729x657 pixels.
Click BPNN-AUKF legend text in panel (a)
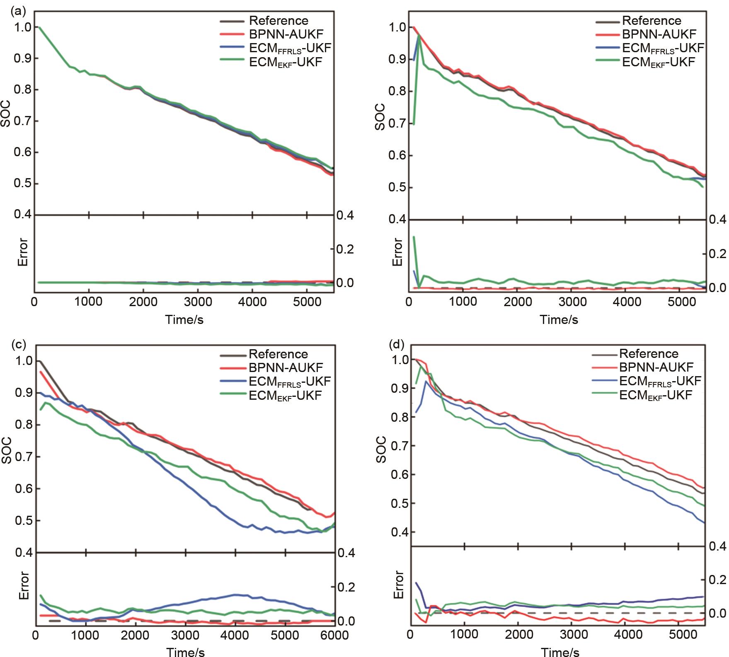pos(286,34)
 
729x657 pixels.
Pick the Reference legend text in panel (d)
pos(649,353)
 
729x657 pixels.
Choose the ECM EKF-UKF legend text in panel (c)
pos(285,395)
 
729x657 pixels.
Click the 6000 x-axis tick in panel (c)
pos(335,635)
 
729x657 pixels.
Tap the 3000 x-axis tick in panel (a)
pos(197,301)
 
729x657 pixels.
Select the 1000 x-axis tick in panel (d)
pos(464,635)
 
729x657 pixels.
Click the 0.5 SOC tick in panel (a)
pos(23,184)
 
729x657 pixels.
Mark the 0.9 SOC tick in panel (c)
pos(23,392)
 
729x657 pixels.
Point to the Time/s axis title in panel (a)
pos(184,319)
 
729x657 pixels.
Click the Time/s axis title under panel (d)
pos(560,652)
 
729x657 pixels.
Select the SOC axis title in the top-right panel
pos(380,118)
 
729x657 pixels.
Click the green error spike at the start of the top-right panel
pos(414,237)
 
